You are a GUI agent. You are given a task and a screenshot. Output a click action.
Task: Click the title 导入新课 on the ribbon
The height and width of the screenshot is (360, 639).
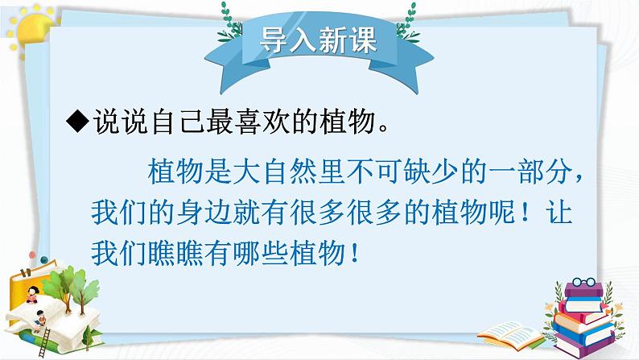319,41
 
